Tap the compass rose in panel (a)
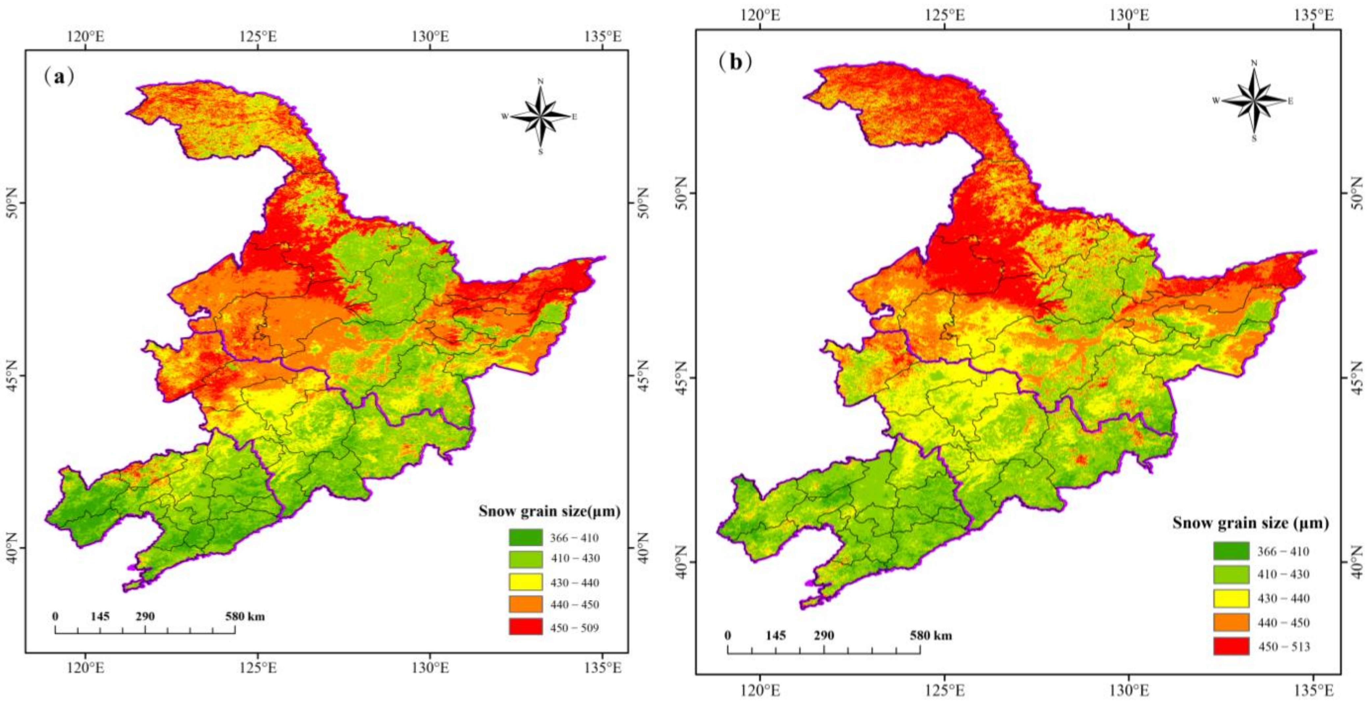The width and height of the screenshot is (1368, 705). tap(540, 116)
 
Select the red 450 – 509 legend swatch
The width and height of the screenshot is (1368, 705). tap(525, 627)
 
